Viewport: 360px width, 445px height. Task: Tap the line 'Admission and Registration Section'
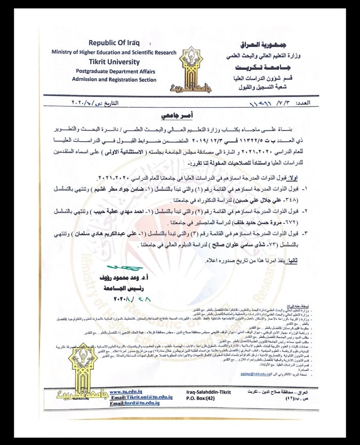tap(115, 79)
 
